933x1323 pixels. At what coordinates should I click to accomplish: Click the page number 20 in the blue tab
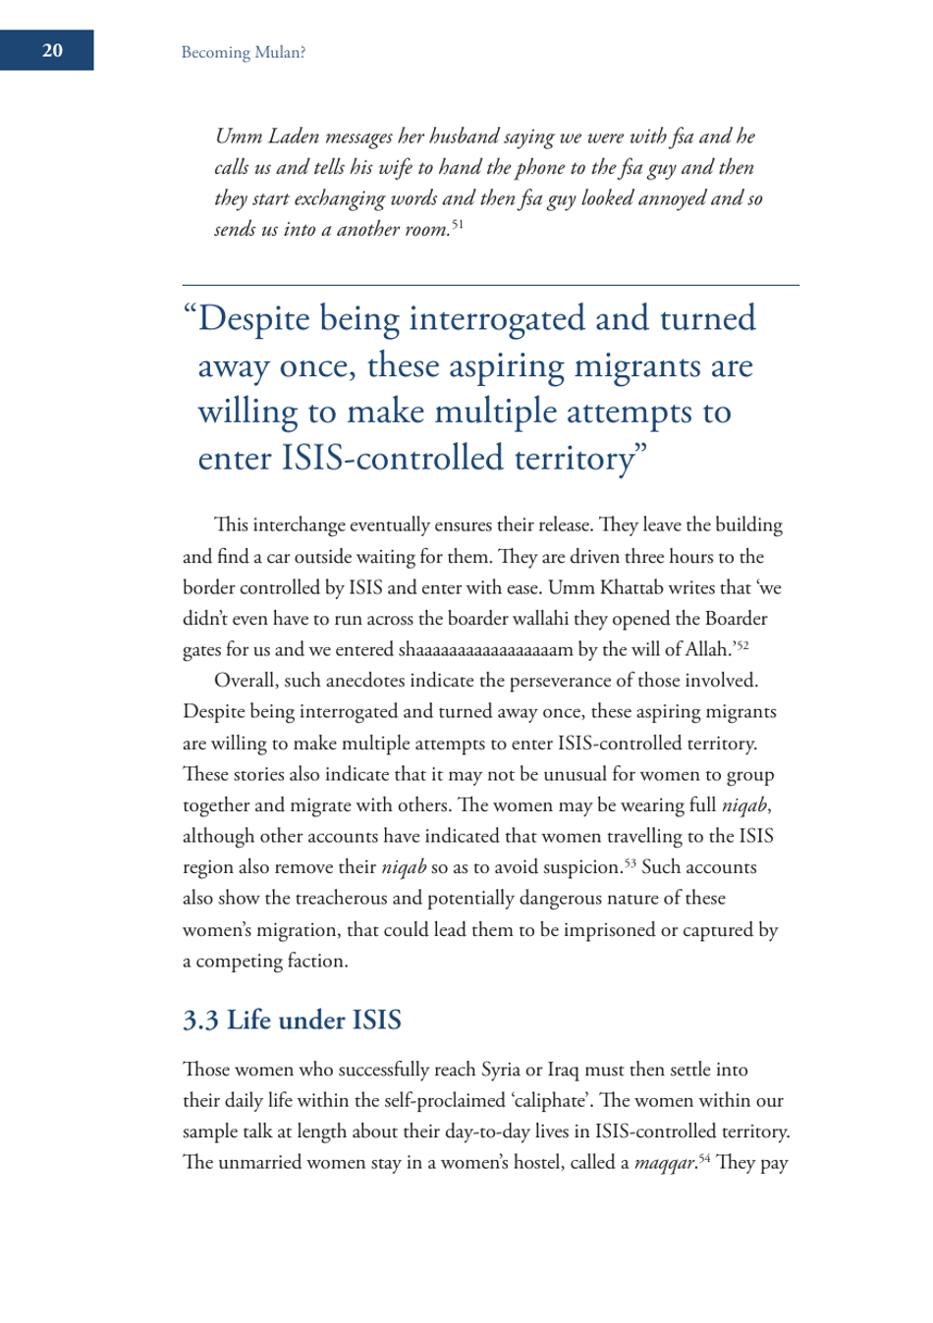point(52,50)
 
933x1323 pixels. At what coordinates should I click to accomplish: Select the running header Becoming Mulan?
point(243,53)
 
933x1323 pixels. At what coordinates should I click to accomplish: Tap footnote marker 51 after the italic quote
point(458,225)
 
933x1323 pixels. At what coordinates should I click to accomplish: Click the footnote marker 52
point(742,644)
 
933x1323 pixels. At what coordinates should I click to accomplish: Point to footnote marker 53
point(630,862)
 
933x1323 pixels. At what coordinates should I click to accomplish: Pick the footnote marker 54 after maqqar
point(703,1158)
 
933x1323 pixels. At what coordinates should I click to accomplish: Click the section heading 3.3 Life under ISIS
point(292,1020)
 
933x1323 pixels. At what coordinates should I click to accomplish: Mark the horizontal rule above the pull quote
point(490,285)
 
